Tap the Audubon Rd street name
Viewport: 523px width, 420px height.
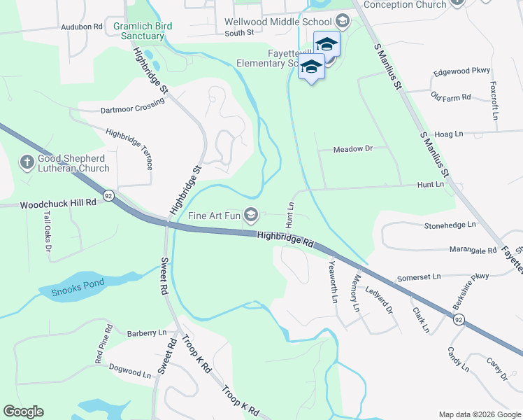[82, 27]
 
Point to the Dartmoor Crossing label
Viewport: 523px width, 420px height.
[132, 105]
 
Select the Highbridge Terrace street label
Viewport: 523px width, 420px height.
[130, 148]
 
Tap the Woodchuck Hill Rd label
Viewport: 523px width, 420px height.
[58, 204]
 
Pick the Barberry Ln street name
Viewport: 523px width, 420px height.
[147, 332]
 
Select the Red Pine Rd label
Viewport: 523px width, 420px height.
[104, 343]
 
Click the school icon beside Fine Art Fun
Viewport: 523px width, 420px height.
[250, 214]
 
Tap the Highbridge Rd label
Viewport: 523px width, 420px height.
[285, 239]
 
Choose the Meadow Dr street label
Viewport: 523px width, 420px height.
[354, 149]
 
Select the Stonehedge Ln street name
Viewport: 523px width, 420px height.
[450, 225]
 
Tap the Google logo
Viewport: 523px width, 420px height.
[23, 412]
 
